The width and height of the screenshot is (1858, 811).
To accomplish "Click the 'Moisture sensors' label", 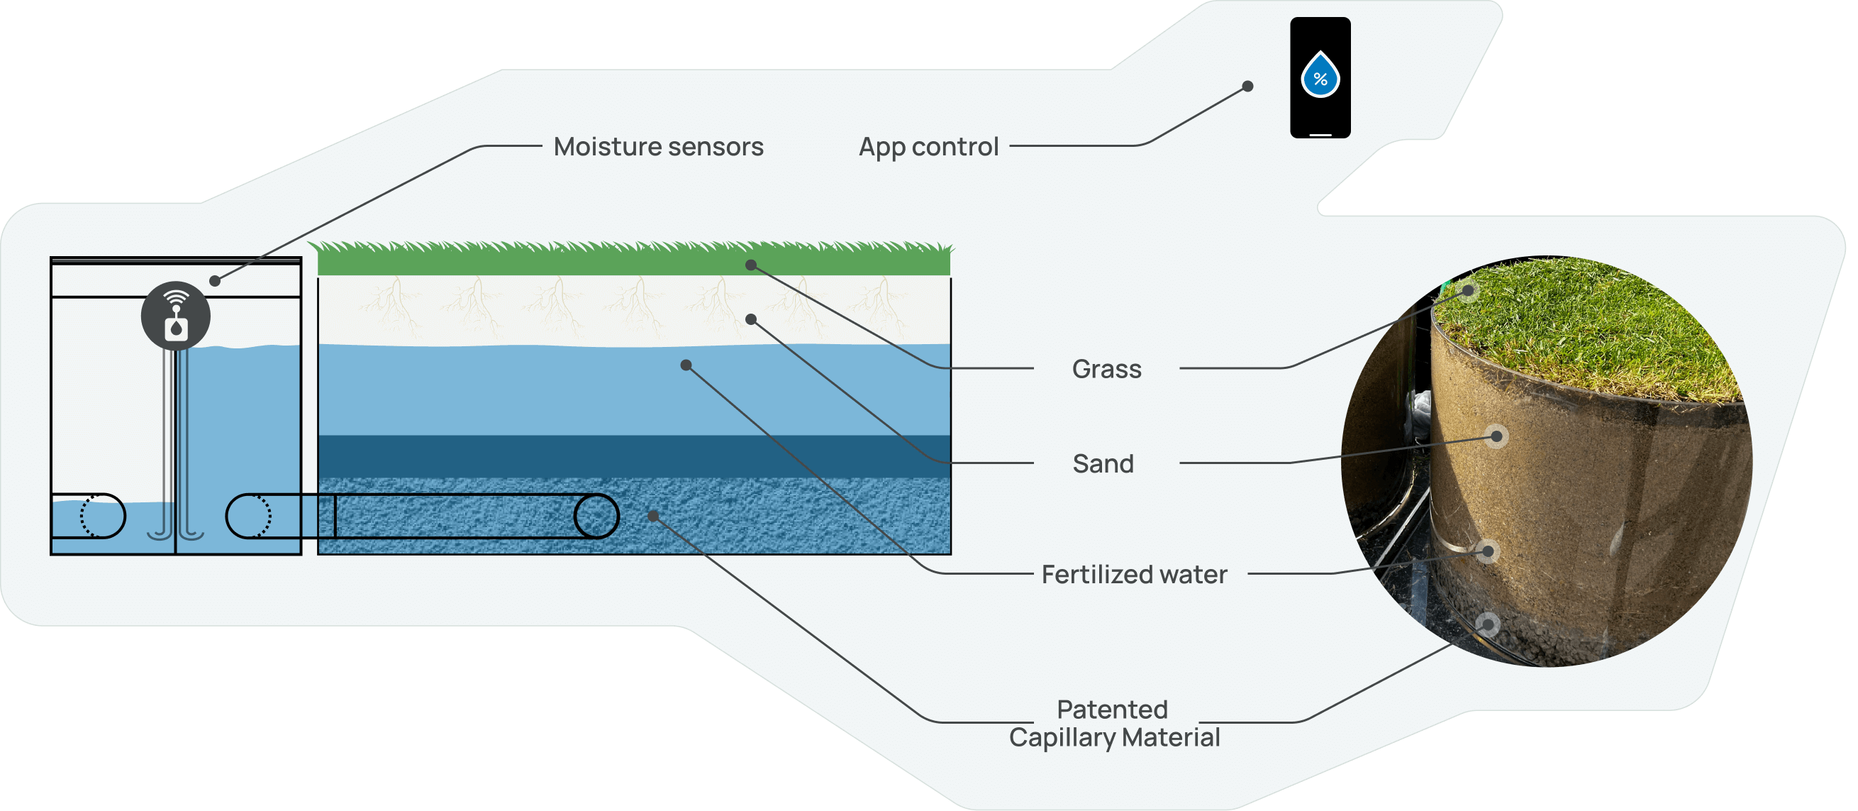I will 658,146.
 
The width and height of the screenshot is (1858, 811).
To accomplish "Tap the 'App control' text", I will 928,146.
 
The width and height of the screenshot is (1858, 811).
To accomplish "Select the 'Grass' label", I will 1106,369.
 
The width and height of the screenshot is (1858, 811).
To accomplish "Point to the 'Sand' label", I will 1103,463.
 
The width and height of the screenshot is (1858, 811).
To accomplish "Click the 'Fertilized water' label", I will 1134,574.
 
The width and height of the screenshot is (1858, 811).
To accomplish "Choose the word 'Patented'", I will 1112,710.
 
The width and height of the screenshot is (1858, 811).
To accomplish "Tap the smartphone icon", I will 1320,77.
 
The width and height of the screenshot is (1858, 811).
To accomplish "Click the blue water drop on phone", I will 1320,75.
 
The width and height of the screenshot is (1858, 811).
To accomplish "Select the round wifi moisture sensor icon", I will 175,316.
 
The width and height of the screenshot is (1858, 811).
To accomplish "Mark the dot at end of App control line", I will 1247,87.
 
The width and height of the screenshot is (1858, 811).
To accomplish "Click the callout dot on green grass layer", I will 751,265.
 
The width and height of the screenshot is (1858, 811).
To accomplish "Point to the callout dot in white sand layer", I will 751,319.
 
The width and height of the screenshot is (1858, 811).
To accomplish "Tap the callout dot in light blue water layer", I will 686,365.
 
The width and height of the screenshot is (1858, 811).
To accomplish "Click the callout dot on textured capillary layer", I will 652,516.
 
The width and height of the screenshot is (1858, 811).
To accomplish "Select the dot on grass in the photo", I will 1469,291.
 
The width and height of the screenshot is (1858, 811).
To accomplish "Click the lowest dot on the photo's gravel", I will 1487,624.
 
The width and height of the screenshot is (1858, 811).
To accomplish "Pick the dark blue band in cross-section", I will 635,456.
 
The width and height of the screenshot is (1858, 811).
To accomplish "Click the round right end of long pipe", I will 596,516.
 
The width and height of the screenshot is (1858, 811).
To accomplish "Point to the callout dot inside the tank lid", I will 214,281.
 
